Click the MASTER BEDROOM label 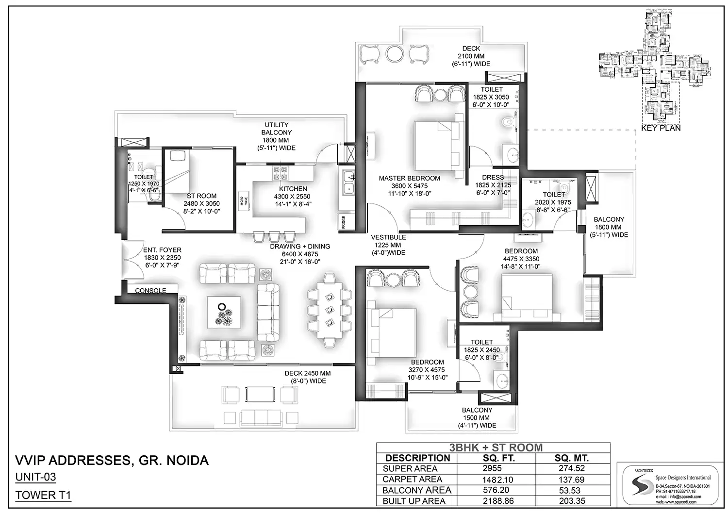[409, 178]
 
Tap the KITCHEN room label [293, 189]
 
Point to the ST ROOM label [201, 196]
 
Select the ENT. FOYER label [162, 250]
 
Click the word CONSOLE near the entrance [150, 291]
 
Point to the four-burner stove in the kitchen [280, 174]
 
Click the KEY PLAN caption [661, 128]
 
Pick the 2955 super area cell [492, 468]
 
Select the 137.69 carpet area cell [572, 480]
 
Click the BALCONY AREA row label [417, 490]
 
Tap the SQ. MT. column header [572, 458]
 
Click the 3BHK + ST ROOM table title [496, 448]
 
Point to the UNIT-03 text [35, 477]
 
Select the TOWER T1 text [43, 495]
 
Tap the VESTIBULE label [388, 237]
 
